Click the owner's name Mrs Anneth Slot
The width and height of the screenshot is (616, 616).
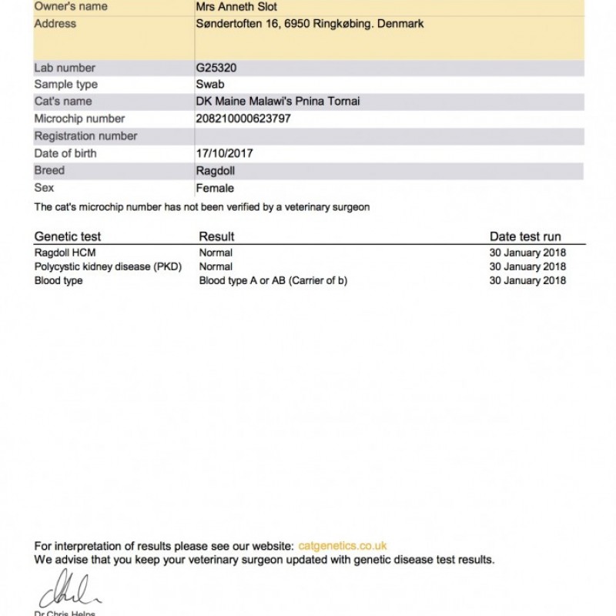(x=236, y=7)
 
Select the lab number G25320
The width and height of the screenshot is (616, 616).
(x=216, y=68)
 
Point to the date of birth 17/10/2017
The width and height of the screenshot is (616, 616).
(x=224, y=153)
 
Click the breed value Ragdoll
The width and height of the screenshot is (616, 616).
(x=216, y=170)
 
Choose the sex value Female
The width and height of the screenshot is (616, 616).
(x=215, y=188)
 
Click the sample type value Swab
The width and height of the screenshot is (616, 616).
(x=210, y=85)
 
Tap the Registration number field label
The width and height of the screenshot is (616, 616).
(x=85, y=136)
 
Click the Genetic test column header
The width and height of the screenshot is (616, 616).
(x=68, y=236)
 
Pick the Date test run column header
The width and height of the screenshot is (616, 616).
(x=525, y=236)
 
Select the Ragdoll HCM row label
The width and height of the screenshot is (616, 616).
(x=65, y=253)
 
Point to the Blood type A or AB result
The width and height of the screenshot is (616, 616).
(x=273, y=281)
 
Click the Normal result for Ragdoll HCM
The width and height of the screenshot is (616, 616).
(x=216, y=253)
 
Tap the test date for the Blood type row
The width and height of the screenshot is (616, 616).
(x=527, y=281)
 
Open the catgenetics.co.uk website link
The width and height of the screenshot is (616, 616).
(x=342, y=546)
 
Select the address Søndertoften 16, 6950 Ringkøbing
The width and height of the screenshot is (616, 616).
(x=310, y=24)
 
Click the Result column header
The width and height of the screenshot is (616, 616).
(x=216, y=236)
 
